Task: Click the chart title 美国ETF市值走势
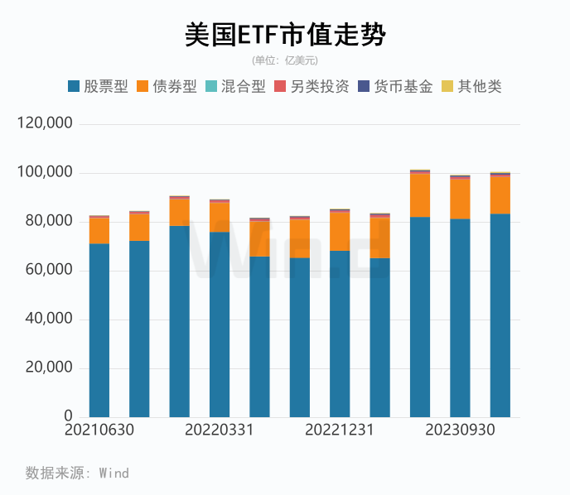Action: (x=285, y=35)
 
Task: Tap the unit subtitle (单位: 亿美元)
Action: (x=285, y=60)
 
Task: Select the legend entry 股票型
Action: (x=98, y=86)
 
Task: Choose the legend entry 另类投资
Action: (x=312, y=86)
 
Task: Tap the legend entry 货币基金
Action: (x=395, y=86)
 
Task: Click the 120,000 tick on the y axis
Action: (x=45, y=123)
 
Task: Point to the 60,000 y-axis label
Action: (x=49, y=270)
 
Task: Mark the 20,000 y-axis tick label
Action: (x=49, y=368)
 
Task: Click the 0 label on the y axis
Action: (x=69, y=416)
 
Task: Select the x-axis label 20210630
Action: (x=99, y=430)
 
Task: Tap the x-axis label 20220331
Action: (x=219, y=430)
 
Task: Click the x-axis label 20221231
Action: (x=340, y=430)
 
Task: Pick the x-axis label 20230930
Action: (x=460, y=430)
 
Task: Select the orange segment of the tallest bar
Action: (x=420, y=195)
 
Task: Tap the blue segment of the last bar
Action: (x=500, y=315)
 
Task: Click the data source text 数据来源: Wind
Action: (x=77, y=473)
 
